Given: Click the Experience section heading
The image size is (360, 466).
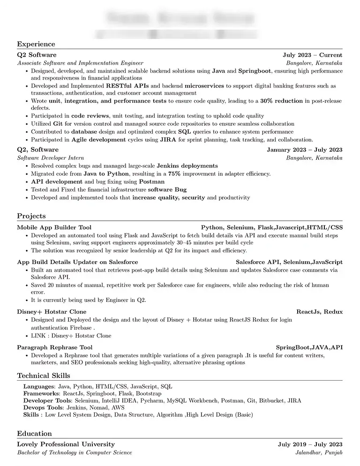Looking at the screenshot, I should [x=36, y=44].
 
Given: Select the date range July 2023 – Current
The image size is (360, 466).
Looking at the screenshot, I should [x=312, y=55].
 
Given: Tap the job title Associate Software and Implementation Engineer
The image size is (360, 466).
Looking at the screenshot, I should [x=80, y=63].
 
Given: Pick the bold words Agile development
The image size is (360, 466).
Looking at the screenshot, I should [x=99, y=139].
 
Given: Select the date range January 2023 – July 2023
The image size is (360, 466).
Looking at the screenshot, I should [x=304, y=150].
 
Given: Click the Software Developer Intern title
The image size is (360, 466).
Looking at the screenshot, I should [x=51, y=158].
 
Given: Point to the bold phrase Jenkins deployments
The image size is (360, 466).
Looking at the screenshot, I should [x=187, y=165].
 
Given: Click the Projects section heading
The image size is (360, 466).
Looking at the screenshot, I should [x=31, y=216].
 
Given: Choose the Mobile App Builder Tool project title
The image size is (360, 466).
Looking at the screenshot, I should [x=54, y=227].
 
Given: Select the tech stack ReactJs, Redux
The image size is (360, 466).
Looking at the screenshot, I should [x=319, y=312].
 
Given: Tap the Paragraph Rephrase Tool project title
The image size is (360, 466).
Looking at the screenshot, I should [x=55, y=347].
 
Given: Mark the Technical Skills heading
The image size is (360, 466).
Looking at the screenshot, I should [x=44, y=376].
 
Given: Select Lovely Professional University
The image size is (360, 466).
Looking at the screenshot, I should [x=66, y=444].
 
